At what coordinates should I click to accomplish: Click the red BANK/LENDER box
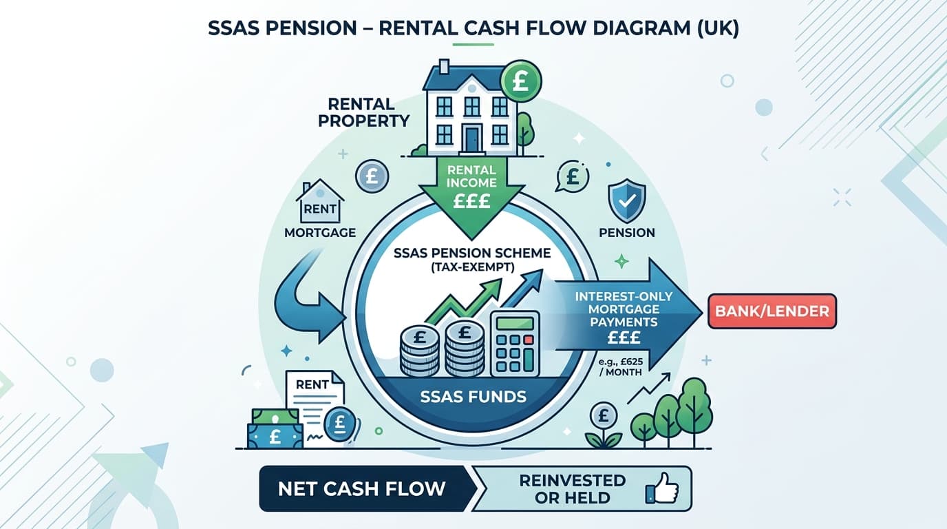(x=772, y=311)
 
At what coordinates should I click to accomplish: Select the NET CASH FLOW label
(x=361, y=489)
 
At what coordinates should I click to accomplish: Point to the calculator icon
(x=514, y=342)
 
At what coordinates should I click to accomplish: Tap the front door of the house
(x=471, y=138)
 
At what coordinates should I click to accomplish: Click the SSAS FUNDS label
(x=473, y=397)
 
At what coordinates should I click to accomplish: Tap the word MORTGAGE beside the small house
(x=320, y=232)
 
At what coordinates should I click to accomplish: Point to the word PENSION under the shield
(x=626, y=232)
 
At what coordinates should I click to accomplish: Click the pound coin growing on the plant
(x=603, y=417)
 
